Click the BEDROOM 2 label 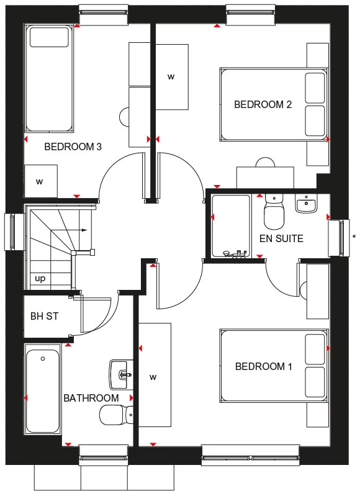pos(263,104)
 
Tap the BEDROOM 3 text pos(73,147)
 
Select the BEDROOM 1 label pos(263,367)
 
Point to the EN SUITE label pos(281,238)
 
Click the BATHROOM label pos(91,398)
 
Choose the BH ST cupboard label pos(44,316)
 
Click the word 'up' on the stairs pos(40,279)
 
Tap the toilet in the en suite pos(274,214)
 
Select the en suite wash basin pos(305,203)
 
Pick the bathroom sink pos(121,373)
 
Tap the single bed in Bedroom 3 pos(50,78)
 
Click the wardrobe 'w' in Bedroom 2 pos(171,77)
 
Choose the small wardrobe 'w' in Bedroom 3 pos(40,181)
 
